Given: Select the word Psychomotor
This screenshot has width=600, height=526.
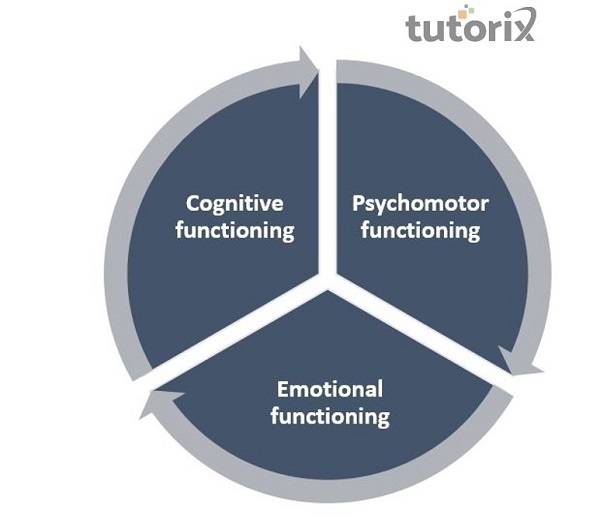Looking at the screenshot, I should pyautogui.click(x=420, y=204).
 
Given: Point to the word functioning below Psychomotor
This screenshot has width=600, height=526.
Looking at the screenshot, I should pyautogui.click(x=421, y=231).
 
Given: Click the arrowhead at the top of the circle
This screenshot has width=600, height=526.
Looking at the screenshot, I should pyautogui.click(x=306, y=68).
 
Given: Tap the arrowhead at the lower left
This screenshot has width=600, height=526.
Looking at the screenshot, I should pyautogui.click(x=151, y=403).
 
